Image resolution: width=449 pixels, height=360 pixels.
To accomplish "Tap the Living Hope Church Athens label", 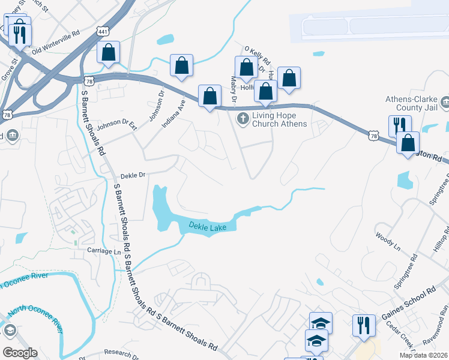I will [280, 120].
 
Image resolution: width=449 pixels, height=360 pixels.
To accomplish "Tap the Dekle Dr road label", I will [133, 175].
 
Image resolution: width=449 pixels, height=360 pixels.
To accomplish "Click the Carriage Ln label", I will [104, 251].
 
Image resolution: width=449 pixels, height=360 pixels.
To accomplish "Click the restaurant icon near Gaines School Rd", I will [364, 326].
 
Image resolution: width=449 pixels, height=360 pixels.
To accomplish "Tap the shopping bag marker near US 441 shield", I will [109, 52].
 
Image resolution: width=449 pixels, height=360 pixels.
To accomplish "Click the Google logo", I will [20, 353].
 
